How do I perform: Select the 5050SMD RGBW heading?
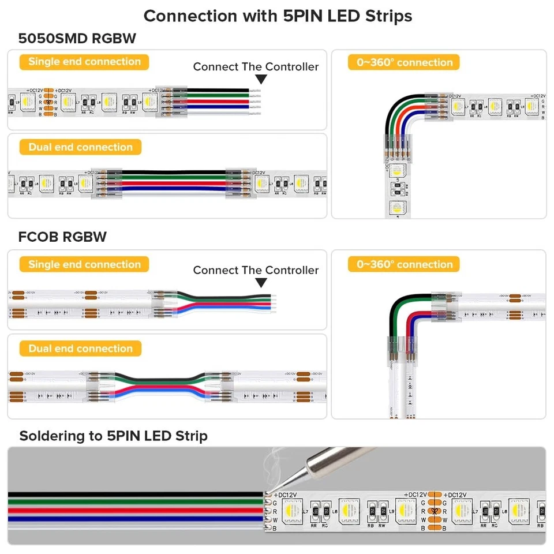[x=77, y=39]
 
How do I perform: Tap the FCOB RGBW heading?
[x=62, y=237]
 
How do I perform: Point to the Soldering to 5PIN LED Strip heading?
[x=113, y=436]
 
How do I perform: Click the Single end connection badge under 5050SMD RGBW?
[x=84, y=62]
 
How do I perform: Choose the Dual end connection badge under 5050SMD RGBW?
[x=80, y=147]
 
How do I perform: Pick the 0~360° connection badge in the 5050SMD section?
[x=404, y=62]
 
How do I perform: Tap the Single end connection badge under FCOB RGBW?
[x=84, y=265]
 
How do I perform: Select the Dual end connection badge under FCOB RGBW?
[x=80, y=349]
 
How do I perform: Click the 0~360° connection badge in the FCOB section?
[x=404, y=265]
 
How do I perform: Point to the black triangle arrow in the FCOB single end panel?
[x=261, y=282]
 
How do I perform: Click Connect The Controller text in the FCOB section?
[x=256, y=270]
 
